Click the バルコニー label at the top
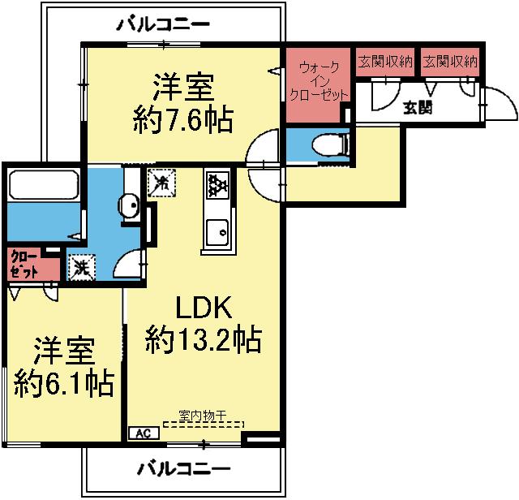coord(163,24)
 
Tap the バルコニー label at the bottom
coord(183,469)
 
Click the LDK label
coord(204,308)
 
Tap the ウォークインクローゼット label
coord(319,81)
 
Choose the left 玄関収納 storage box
coord(385,62)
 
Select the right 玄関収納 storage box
coord(450,62)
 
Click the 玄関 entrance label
coord(418,106)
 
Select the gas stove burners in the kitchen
coord(218,186)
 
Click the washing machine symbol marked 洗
coord(81,266)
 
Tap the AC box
coord(143,433)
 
